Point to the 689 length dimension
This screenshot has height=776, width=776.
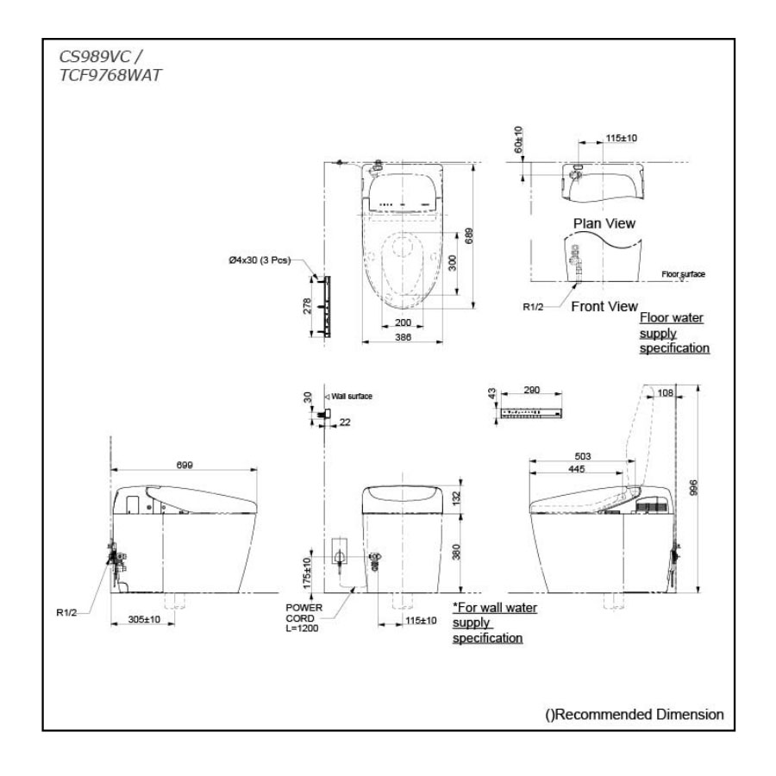(x=468, y=235)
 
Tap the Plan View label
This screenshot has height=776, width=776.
(x=604, y=223)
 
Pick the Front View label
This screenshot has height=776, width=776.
(x=604, y=306)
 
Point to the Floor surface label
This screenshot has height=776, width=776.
(x=683, y=274)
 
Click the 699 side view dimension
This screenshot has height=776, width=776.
(x=185, y=465)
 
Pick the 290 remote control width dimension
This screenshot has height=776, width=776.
(x=532, y=391)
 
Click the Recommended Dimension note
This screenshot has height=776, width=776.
(x=634, y=715)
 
